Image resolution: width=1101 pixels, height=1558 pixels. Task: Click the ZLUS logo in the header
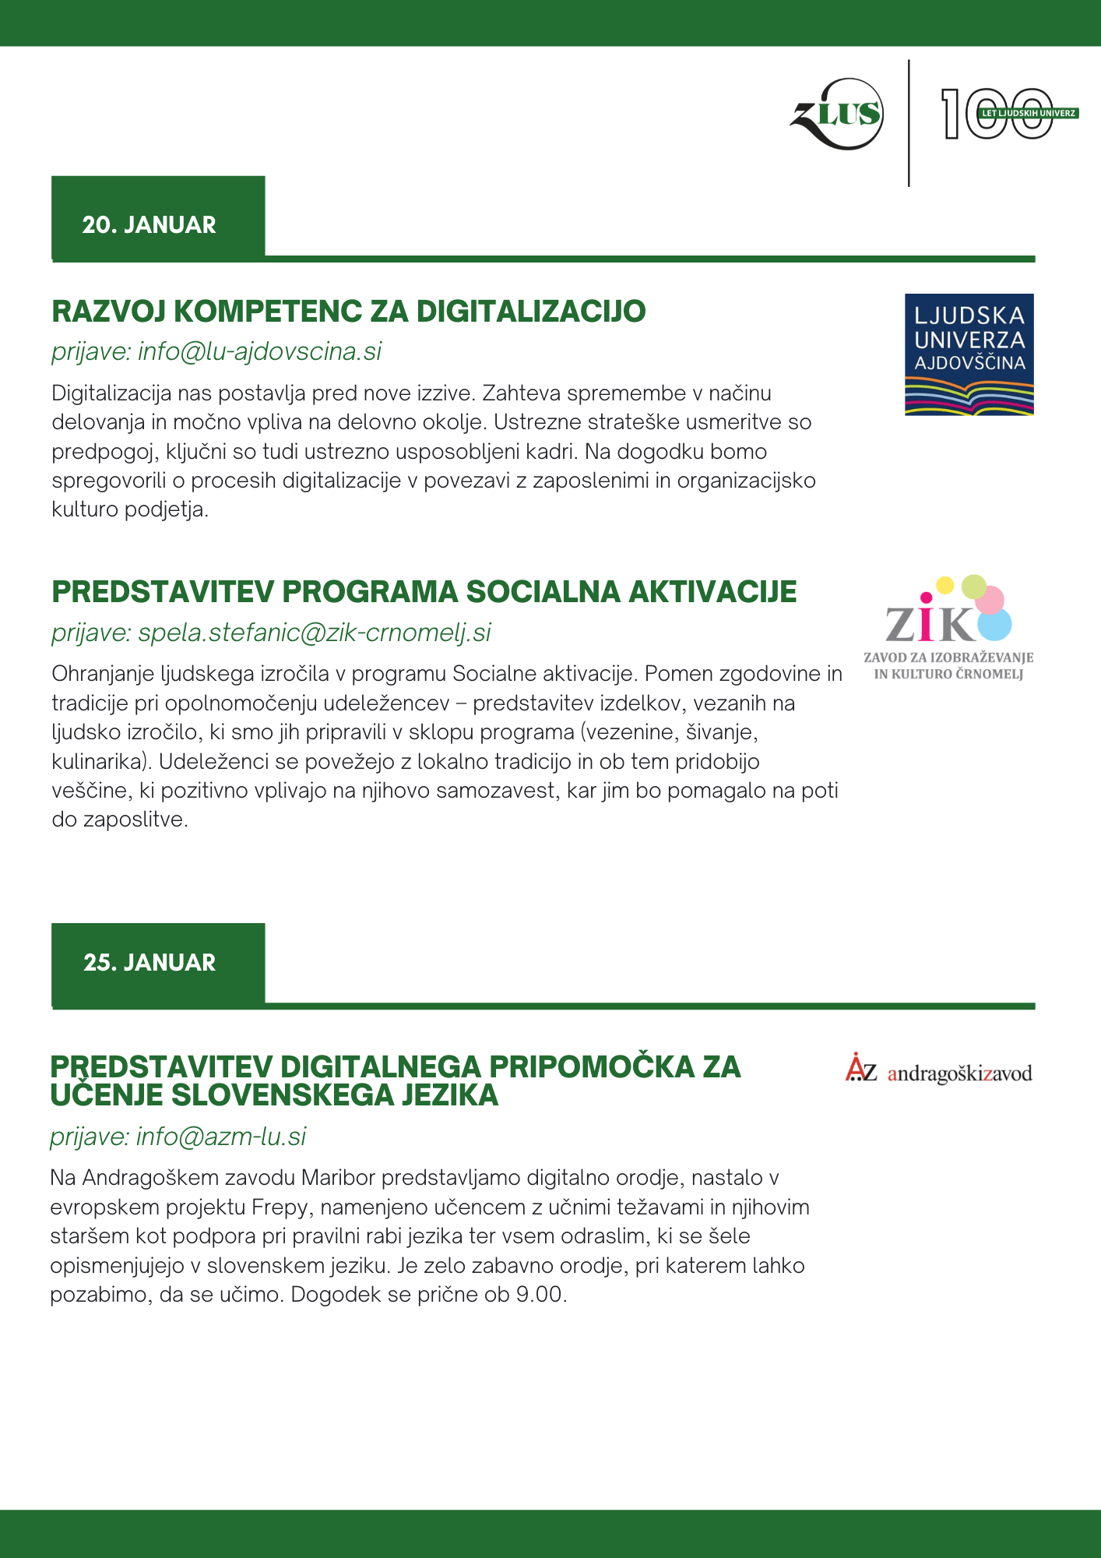coord(838,115)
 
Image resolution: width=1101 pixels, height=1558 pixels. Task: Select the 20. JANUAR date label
coord(149,224)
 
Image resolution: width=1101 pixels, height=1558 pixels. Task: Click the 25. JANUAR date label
coord(149,962)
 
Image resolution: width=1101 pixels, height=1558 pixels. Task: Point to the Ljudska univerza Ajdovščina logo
coord(969,354)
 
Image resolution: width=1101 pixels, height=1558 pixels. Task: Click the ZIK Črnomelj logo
coord(948,628)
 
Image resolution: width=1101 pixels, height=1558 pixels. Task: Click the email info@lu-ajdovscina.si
coord(259,351)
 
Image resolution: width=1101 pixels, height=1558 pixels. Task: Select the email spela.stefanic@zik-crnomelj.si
coord(314,632)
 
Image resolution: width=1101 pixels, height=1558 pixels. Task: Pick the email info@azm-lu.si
coord(221,1137)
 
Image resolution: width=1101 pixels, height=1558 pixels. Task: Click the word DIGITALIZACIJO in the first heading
coord(531,312)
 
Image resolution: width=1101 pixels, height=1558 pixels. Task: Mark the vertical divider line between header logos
coord(909,123)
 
